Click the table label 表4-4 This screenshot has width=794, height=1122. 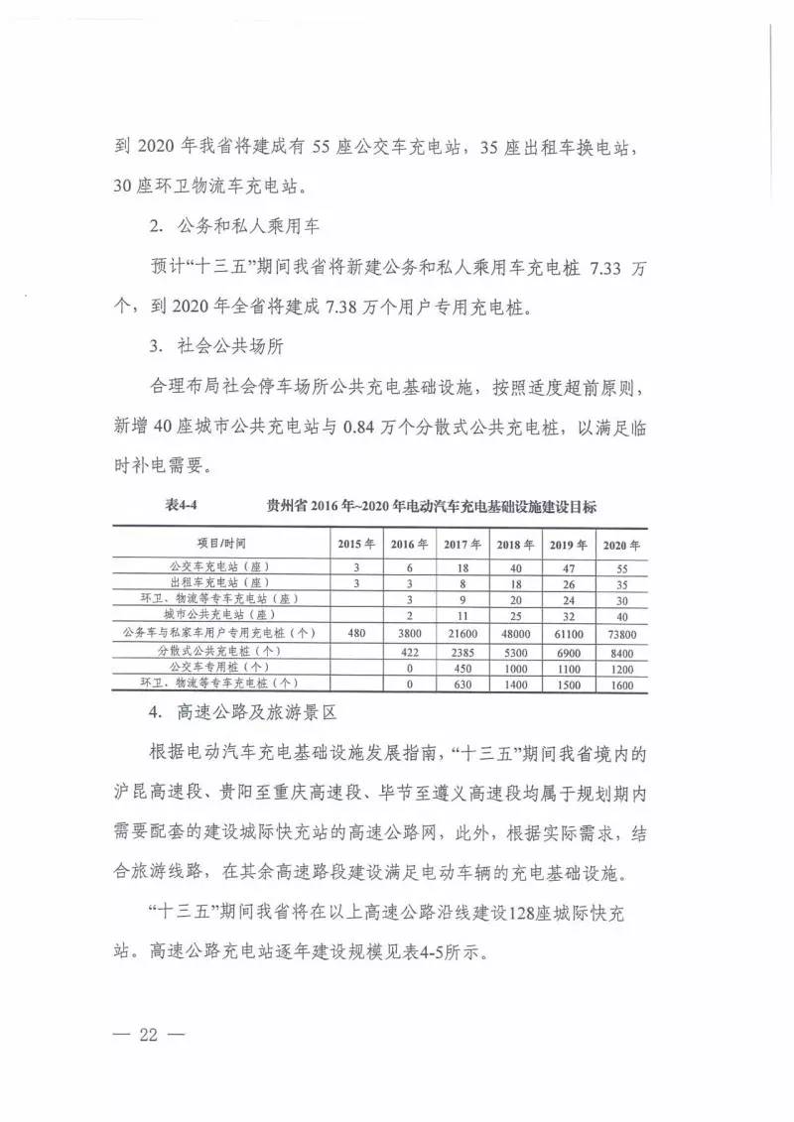[185, 505]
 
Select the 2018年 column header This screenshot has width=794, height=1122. [514, 545]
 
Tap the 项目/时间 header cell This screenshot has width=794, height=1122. [220, 545]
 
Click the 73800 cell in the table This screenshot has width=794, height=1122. [621, 632]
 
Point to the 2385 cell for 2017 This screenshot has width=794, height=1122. [460, 650]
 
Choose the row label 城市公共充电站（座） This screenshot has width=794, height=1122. [220, 615]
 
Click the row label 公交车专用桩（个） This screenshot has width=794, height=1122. [220, 667]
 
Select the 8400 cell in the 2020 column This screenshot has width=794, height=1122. [621, 650]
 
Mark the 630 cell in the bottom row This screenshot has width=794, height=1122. [460, 684]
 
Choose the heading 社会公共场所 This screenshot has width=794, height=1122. [234, 347]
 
